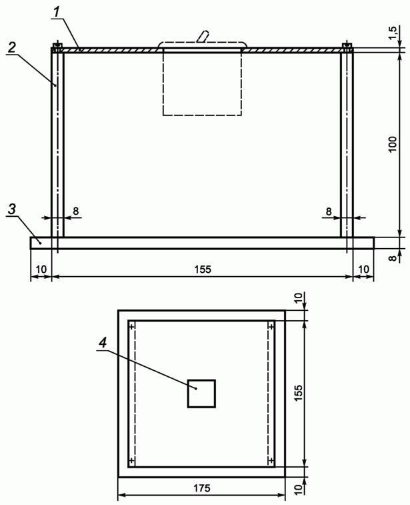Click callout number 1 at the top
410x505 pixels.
click(57, 13)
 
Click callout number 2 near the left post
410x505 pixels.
click(11, 48)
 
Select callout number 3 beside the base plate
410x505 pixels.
click(11, 209)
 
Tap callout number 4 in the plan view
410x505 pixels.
click(103, 343)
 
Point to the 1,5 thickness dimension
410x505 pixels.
click(394, 33)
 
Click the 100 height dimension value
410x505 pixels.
click(393, 145)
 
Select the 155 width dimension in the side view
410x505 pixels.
click(203, 270)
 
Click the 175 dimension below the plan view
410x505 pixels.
click(202, 488)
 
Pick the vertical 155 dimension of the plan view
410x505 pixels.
click(298, 393)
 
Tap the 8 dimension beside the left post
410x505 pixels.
click(75, 211)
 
